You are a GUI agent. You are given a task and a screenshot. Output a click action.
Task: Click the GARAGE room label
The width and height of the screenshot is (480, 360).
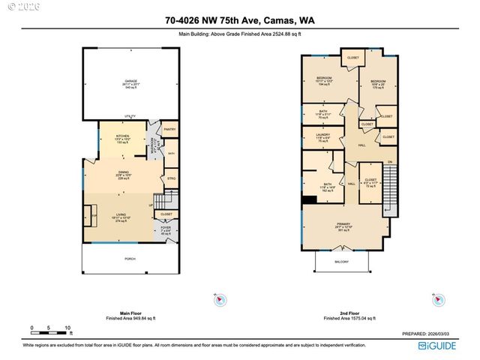click(130, 82)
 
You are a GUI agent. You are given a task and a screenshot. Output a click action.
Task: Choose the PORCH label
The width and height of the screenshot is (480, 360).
click(130, 259)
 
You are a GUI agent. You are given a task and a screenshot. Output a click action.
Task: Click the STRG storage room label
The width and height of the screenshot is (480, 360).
click(171, 178)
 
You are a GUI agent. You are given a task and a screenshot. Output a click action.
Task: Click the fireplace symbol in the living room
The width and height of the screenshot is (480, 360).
click(94, 214)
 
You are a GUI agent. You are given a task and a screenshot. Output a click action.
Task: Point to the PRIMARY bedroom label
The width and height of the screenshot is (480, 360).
click(344, 224)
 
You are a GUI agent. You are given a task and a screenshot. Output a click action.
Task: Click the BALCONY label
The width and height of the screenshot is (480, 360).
click(341, 262)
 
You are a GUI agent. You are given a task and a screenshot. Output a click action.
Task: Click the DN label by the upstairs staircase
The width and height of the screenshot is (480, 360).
click(389, 163)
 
